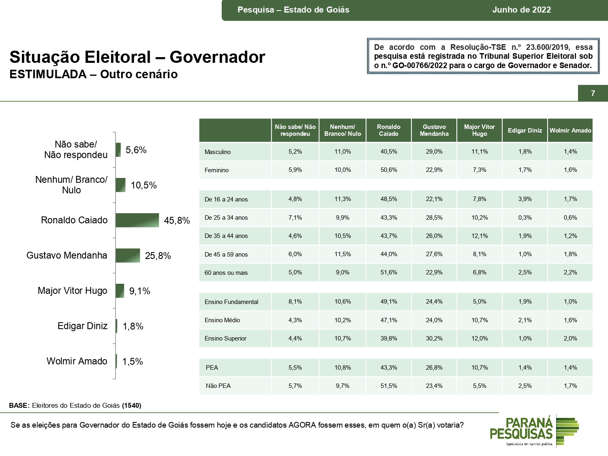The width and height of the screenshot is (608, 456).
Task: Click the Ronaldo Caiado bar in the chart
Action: tap(137, 220)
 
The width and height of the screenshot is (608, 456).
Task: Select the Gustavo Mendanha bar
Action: tap(128, 255)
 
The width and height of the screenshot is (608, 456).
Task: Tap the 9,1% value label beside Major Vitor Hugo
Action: tap(139, 291)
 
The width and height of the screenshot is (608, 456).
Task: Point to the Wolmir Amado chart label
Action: tap(77, 361)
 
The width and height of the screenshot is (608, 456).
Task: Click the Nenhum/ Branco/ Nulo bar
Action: tap(120, 185)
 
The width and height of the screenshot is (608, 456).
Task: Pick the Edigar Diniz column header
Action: tap(525, 131)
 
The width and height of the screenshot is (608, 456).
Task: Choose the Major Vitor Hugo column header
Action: tap(480, 130)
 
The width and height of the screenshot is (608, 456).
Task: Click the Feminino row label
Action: tap(216, 170)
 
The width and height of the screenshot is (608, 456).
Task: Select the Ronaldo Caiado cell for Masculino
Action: tap(389, 152)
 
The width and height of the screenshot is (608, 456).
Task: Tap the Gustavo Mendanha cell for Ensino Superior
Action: tap(434, 338)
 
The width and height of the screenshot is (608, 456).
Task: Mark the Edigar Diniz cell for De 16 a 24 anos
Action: tap(525, 199)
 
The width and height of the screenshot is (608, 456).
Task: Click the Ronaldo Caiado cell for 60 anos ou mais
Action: tap(389, 272)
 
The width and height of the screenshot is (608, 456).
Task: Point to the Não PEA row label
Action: tap(218, 386)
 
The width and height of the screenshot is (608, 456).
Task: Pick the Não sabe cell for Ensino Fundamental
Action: tap(295, 302)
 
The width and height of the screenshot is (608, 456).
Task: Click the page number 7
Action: tap(593, 93)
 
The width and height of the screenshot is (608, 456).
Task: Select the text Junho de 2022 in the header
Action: tap(522, 10)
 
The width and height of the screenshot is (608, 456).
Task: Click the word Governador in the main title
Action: tap(217, 57)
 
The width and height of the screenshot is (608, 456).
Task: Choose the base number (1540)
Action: tap(132, 405)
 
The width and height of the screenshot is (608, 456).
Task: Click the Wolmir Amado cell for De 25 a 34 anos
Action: tap(570, 218)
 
